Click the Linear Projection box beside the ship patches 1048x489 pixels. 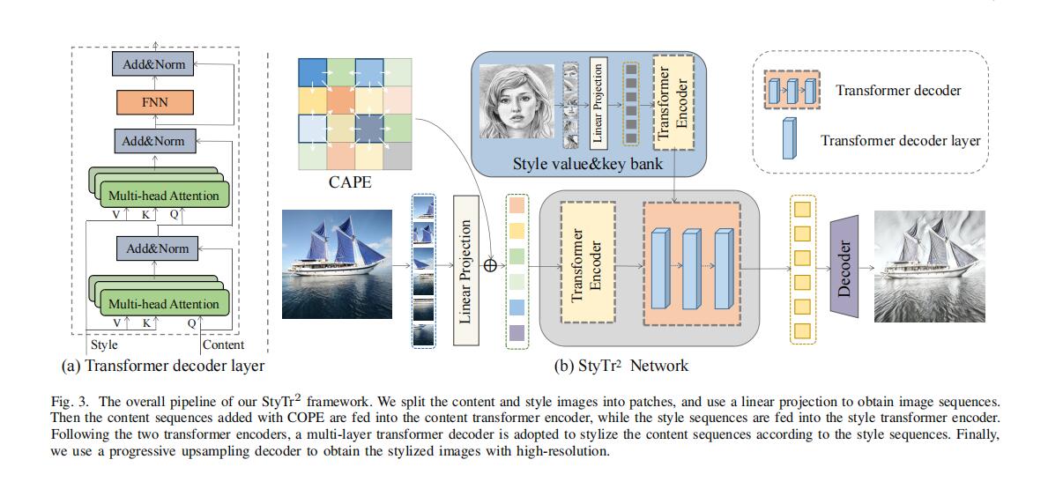[x=466, y=270]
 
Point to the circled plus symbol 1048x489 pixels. [x=490, y=263]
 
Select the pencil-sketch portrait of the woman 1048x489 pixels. [x=517, y=99]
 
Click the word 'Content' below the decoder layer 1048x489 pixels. [x=223, y=345]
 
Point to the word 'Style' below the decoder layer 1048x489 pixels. [x=103, y=345]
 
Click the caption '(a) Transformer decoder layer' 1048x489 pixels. [x=162, y=365]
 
